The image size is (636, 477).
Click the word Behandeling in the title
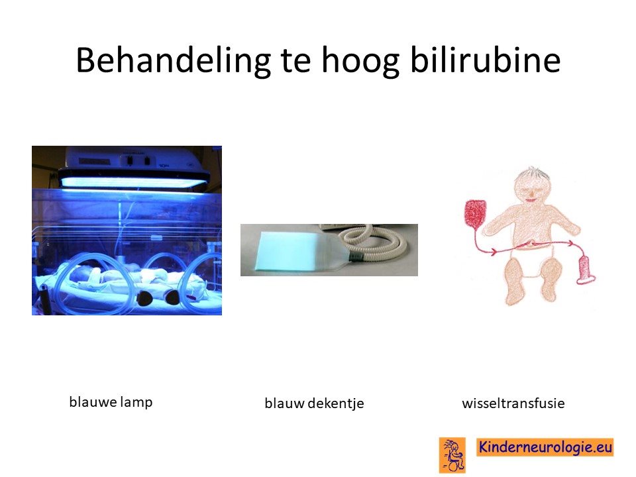click(x=173, y=61)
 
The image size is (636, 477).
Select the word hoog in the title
click(x=360, y=62)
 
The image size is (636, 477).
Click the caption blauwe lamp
click(x=111, y=402)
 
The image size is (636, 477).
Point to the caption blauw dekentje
click(x=314, y=403)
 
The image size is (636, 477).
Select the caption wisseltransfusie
click(x=513, y=403)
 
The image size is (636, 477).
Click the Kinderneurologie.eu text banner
click(x=545, y=447)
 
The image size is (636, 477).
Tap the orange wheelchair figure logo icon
click(x=452, y=455)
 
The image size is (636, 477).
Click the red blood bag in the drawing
click(x=475, y=213)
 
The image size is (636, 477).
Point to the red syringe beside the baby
click(x=585, y=270)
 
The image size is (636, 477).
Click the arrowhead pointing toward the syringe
click(x=570, y=243)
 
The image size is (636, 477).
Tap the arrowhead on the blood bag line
click(x=493, y=252)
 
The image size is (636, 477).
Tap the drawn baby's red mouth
click(x=531, y=199)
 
